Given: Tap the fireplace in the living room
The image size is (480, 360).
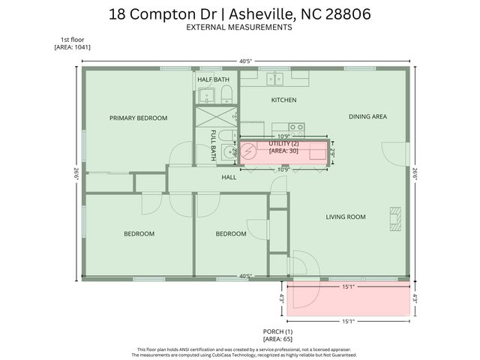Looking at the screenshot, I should click(x=394, y=217).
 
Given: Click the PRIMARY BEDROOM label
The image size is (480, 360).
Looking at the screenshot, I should click(x=138, y=118).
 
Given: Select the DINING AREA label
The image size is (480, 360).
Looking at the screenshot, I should click(x=367, y=117).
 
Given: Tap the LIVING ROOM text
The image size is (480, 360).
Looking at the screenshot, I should click(x=345, y=217).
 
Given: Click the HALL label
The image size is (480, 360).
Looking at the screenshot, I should click(x=229, y=178).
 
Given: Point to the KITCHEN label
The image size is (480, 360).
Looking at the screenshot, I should click(x=284, y=100).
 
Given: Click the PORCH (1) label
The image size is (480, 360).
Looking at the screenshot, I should click(x=277, y=331).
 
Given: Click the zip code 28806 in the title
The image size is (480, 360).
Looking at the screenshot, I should click(x=344, y=13).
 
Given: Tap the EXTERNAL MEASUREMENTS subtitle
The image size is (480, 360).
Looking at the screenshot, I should click(x=240, y=27).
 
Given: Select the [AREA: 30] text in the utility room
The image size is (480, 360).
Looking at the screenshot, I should click(x=283, y=151).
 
